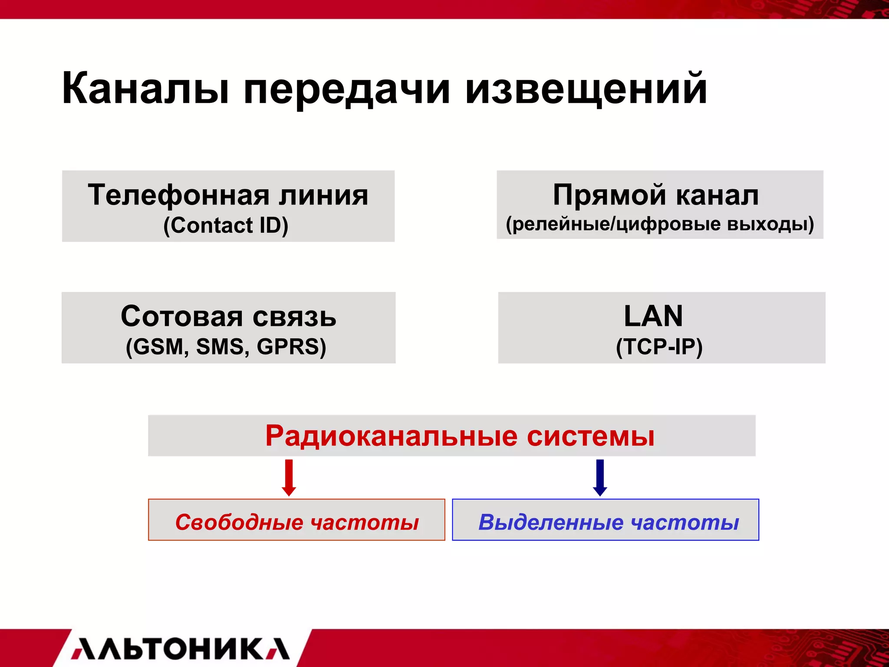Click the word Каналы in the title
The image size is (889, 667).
pos(145,89)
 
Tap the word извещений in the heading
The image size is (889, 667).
pos(586,89)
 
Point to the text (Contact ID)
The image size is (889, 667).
pos(226,225)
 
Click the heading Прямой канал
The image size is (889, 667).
pos(656,195)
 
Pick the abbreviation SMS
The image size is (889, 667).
pos(222,347)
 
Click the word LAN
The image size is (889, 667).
pos(653,316)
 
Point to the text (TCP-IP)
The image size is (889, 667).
pos(659,347)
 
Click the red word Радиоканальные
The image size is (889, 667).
pos(391,436)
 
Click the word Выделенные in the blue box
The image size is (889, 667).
pos(551,522)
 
